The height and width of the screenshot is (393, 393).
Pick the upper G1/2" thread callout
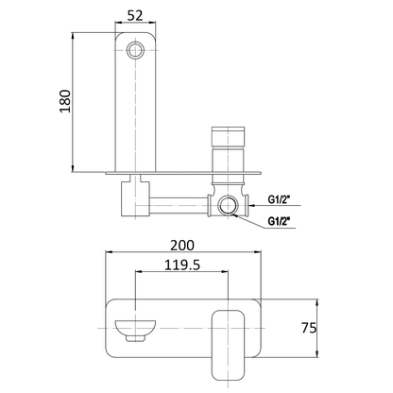(280, 200)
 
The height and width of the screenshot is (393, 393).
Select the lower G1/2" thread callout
(280, 221)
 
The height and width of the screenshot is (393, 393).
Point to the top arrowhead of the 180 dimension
(76, 36)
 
